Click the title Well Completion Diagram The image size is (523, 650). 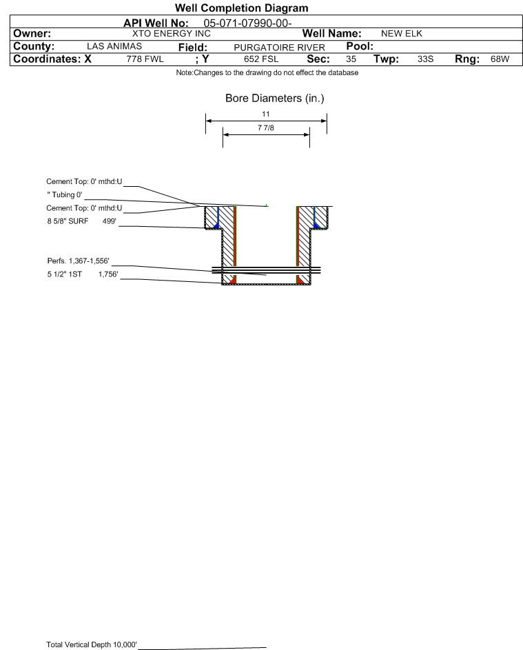(242, 8)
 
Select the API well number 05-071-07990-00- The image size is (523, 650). (247, 23)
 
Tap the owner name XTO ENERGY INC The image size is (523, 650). (171, 34)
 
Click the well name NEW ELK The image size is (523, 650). (402, 34)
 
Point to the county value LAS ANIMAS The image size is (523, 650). (114, 46)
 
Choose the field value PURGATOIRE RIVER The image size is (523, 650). (279, 48)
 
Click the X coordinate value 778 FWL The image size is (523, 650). (145, 59)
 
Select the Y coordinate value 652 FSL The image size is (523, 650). (261, 59)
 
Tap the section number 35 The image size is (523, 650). (351, 59)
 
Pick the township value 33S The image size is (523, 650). (425, 59)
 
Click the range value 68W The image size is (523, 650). (500, 59)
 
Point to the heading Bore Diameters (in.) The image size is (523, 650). (275, 99)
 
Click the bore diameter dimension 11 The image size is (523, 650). (266, 114)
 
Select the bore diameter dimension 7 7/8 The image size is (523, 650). (266, 128)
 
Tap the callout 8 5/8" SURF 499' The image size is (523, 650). (81, 221)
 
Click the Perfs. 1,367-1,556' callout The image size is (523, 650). (79, 261)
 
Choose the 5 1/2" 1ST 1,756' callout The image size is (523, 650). (83, 274)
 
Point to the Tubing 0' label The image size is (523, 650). (65, 195)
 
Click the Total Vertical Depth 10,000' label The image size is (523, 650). (92, 644)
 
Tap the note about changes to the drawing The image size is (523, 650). (267, 73)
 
